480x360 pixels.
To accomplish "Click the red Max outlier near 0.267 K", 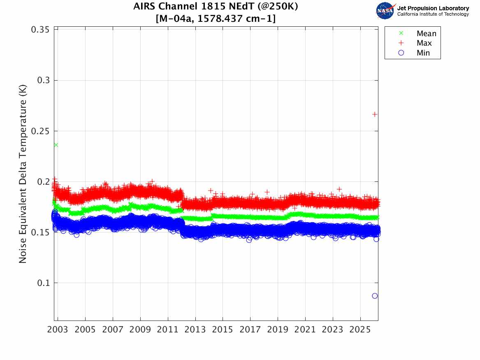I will pyautogui.click(x=375, y=114).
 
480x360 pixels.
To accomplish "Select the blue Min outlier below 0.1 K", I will pyautogui.click(x=375, y=296).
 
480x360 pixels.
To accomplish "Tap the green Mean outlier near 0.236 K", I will pyautogui.click(x=56, y=145).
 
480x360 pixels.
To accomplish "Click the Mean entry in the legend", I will pyautogui.click(x=426, y=34).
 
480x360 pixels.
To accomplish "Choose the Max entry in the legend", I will pyautogui.click(x=424, y=43).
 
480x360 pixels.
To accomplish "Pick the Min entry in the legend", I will pyautogui.click(x=423, y=53).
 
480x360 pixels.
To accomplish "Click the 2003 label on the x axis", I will pyautogui.click(x=58, y=330).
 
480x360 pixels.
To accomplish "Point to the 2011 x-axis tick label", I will pyautogui.click(x=168, y=330).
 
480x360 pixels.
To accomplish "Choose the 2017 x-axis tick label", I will pyautogui.click(x=250, y=330).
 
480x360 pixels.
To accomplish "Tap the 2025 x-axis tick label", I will pyautogui.click(x=360, y=330).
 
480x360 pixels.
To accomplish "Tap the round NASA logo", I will pyautogui.click(x=385, y=11).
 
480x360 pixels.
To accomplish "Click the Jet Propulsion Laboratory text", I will pyautogui.click(x=433, y=8).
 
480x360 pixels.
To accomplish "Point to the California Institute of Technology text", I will pyautogui.click(x=433, y=14).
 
